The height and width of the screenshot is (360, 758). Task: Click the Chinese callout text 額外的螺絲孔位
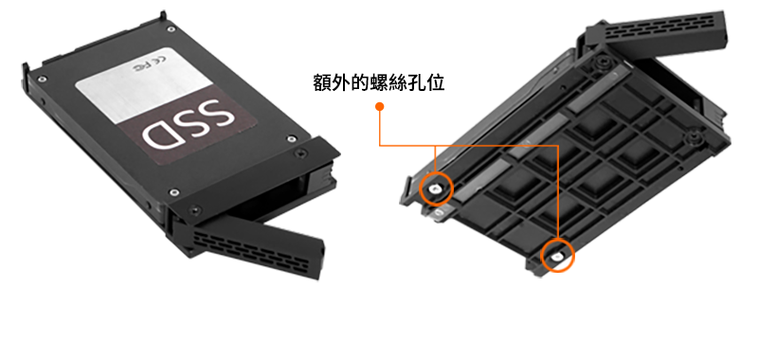click(378, 82)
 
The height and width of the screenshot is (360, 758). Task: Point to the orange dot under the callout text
click(380, 106)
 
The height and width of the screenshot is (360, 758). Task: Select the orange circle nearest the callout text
click(437, 189)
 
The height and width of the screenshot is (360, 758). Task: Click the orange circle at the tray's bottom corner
click(557, 256)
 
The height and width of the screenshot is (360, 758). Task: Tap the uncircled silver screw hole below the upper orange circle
click(439, 211)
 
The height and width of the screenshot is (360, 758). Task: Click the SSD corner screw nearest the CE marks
click(171, 29)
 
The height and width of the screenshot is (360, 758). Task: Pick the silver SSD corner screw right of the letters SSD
click(291, 139)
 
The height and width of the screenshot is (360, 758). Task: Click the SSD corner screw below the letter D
click(171, 193)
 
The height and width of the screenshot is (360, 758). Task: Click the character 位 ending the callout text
click(436, 83)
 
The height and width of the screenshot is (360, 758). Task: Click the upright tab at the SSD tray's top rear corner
click(163, 16)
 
